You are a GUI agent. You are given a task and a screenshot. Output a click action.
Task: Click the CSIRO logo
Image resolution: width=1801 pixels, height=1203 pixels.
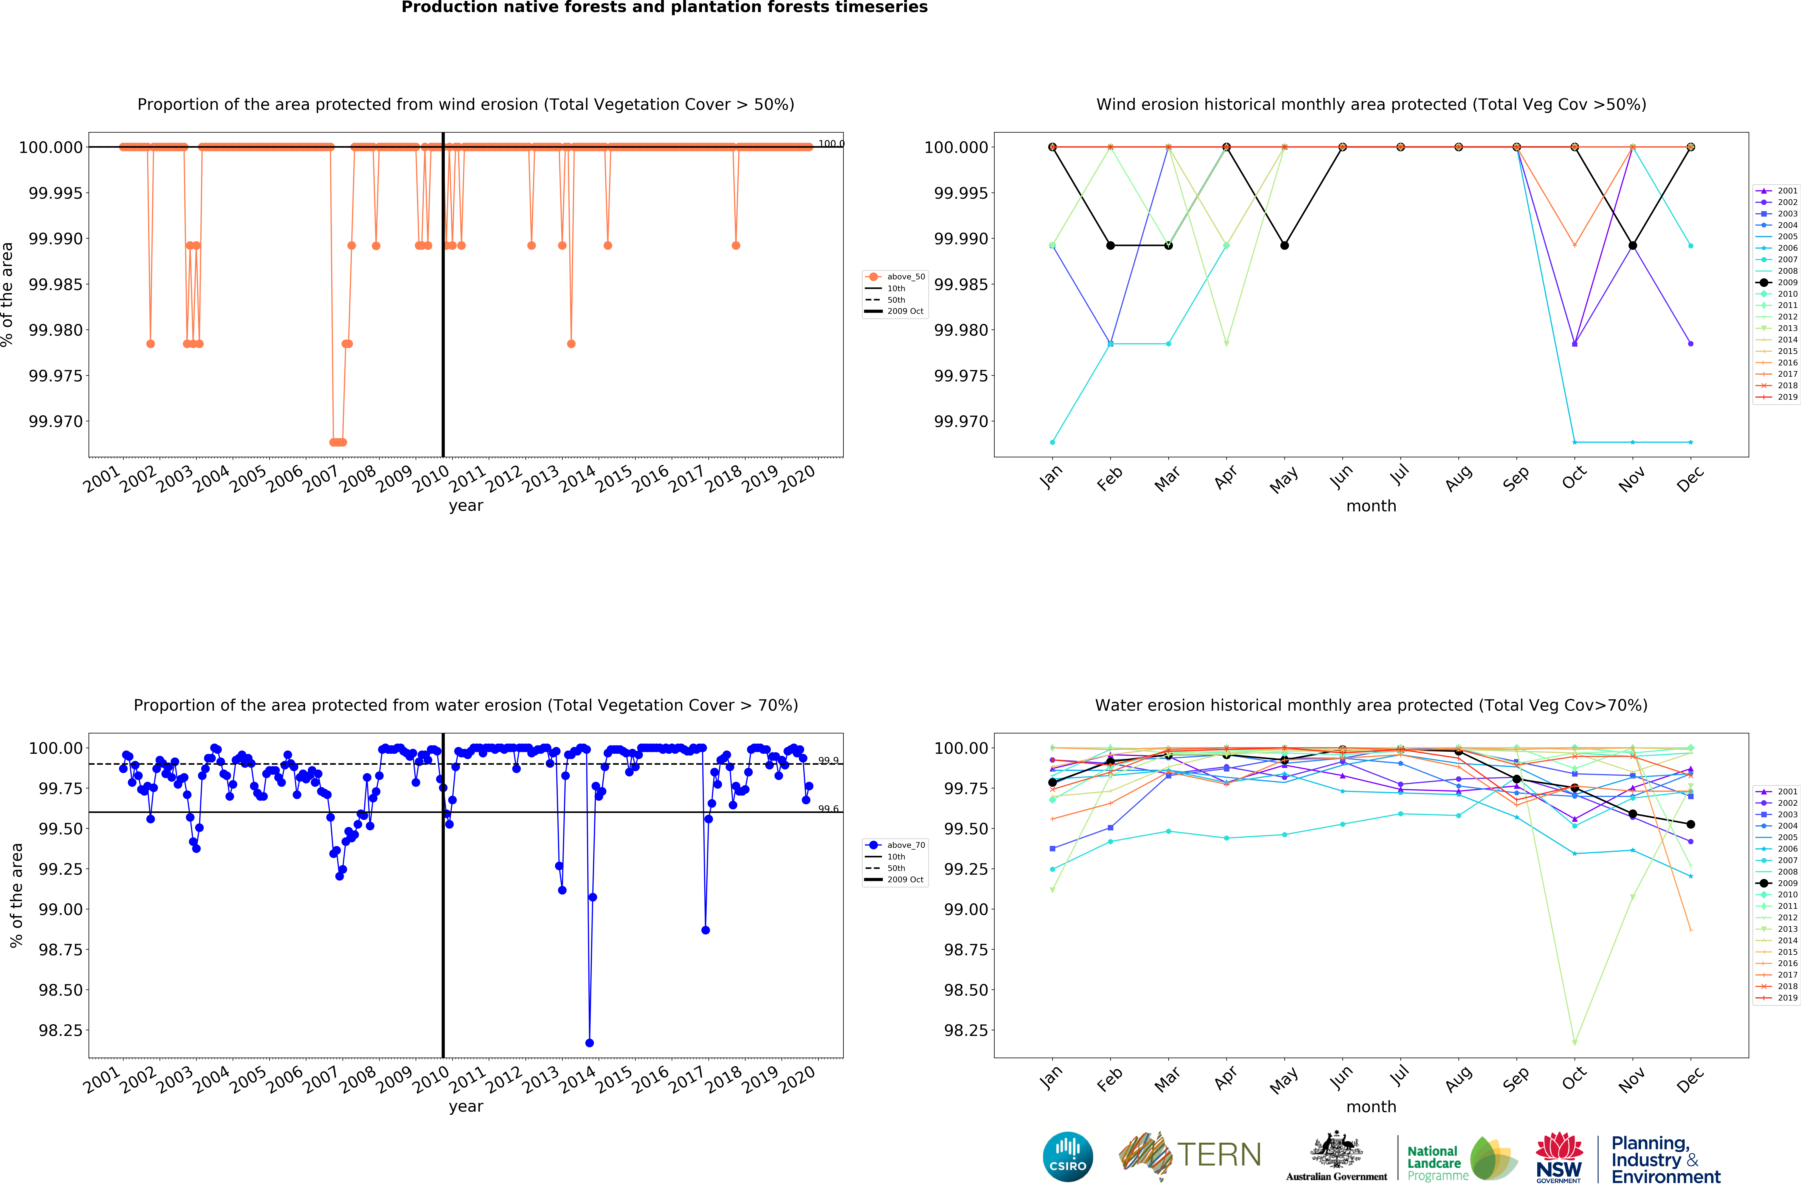[x=1067, y=1156]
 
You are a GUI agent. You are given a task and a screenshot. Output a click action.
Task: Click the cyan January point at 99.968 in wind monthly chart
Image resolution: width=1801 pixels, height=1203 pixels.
[x=1052, y=442]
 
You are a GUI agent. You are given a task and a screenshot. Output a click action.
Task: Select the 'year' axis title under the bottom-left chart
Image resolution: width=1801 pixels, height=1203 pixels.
[x=466, y=1106]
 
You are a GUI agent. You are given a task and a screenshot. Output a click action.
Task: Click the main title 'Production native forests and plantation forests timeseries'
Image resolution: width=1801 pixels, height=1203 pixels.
[x=665, y=8]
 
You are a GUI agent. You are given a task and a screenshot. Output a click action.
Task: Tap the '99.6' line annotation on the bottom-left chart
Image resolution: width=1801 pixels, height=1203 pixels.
[x=828, y=809]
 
